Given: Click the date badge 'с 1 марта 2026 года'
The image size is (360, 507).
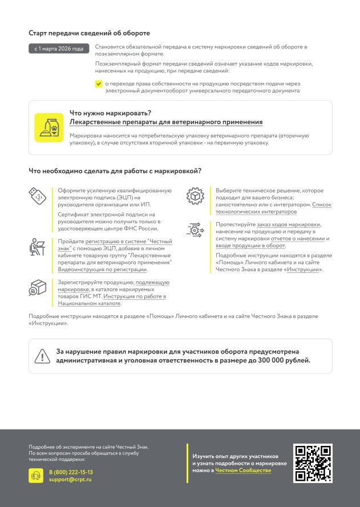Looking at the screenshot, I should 59,49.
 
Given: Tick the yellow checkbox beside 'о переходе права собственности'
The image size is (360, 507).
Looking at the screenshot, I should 99,83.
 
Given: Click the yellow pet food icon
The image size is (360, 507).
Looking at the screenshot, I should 49,127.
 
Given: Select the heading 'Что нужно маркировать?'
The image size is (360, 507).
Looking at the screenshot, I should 110,113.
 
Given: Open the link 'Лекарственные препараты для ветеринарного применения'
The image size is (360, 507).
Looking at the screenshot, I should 165,122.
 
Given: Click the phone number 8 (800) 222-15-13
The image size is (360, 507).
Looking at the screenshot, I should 71,472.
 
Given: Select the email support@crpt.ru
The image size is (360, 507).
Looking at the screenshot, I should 70,480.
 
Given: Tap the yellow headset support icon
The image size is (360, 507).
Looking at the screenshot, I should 36,476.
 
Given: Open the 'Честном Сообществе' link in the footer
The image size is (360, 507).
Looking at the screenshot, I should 243,470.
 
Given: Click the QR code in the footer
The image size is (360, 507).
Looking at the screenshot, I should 312,463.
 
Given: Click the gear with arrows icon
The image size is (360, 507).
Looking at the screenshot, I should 194,230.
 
